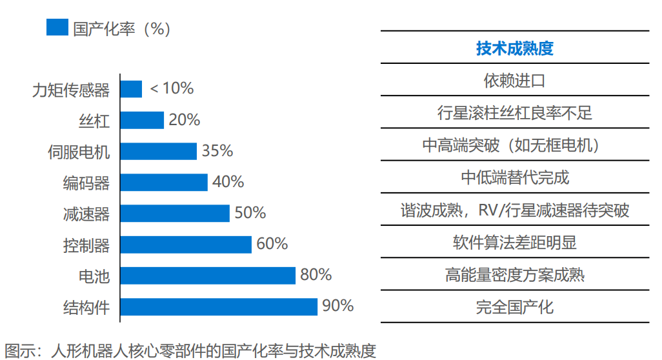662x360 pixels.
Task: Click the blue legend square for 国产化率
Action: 57,28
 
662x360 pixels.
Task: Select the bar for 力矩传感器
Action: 131,89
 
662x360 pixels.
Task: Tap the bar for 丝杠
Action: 142,120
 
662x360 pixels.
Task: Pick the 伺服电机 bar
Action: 158,151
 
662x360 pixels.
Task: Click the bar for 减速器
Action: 175,213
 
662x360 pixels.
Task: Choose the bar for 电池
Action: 208,275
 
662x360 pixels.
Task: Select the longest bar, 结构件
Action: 219,306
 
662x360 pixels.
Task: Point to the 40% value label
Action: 228,182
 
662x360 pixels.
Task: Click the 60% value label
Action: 272,244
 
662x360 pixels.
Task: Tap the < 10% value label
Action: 172,88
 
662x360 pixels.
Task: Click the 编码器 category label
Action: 86,183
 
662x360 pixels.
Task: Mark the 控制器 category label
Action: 86,245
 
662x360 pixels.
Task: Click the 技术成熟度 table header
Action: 514,48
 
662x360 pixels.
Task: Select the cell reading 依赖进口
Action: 514,81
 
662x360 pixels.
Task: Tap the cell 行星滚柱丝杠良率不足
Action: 514,113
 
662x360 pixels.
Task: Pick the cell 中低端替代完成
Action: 514,177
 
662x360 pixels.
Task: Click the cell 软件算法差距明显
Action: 514,242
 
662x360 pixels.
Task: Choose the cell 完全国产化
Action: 514,306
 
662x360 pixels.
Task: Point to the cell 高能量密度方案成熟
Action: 514,274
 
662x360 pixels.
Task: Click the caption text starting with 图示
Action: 190,350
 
